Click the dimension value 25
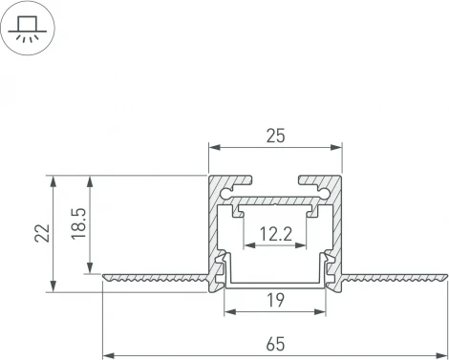pyautogui.click(x=275, y=137)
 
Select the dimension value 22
pyautogui.click(x=41, y=232)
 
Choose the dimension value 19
pyautogui.click(x=275, y=300)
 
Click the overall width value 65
pyautogui.click(x=275, y=343)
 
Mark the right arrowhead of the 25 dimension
pyautogui.click(x=338, y=147)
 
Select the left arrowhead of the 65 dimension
pyautogui.click(x=107, y=354)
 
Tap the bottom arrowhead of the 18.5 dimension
pyautogui.click(x=91, y=269)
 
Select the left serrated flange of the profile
pyautogui.click(x=153, y=279)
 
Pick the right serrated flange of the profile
pyautogui.click(x=396, y=279)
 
